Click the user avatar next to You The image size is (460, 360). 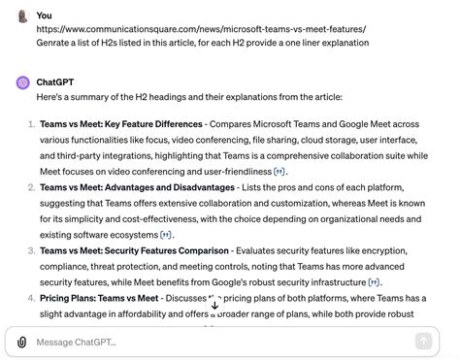point(22,16)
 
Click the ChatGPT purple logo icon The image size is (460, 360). point(22,82)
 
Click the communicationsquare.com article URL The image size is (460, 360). point(201,29)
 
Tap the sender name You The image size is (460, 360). point(45,16)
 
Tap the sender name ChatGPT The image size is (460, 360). point(55,82)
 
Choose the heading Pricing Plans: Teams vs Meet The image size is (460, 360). point(99,297)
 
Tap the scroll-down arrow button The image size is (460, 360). point(214,304)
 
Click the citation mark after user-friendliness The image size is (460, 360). point(279,172)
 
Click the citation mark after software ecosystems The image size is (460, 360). point(166,234)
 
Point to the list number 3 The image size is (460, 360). point(30,249)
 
